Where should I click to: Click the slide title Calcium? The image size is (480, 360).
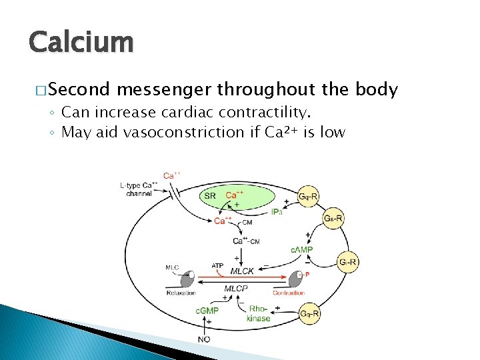tap(81, 41)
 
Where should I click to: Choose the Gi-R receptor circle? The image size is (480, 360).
tap(348, 262)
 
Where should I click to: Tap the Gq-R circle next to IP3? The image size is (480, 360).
tap(307, 196)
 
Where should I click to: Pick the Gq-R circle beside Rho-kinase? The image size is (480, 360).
tap(309, 313)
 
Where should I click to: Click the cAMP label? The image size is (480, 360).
tap(301, 250)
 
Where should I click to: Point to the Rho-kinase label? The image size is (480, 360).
tap(259, 313)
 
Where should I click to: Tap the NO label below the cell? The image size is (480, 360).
tap(205, 339)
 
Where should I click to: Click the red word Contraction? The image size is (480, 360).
tap(289, 293)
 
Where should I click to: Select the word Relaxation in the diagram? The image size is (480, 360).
tap(181, 293)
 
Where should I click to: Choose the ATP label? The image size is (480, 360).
tap(217, 265)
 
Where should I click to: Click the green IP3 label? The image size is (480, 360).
tap(277, 212)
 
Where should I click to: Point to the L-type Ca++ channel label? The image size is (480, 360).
tap(139, 189)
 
